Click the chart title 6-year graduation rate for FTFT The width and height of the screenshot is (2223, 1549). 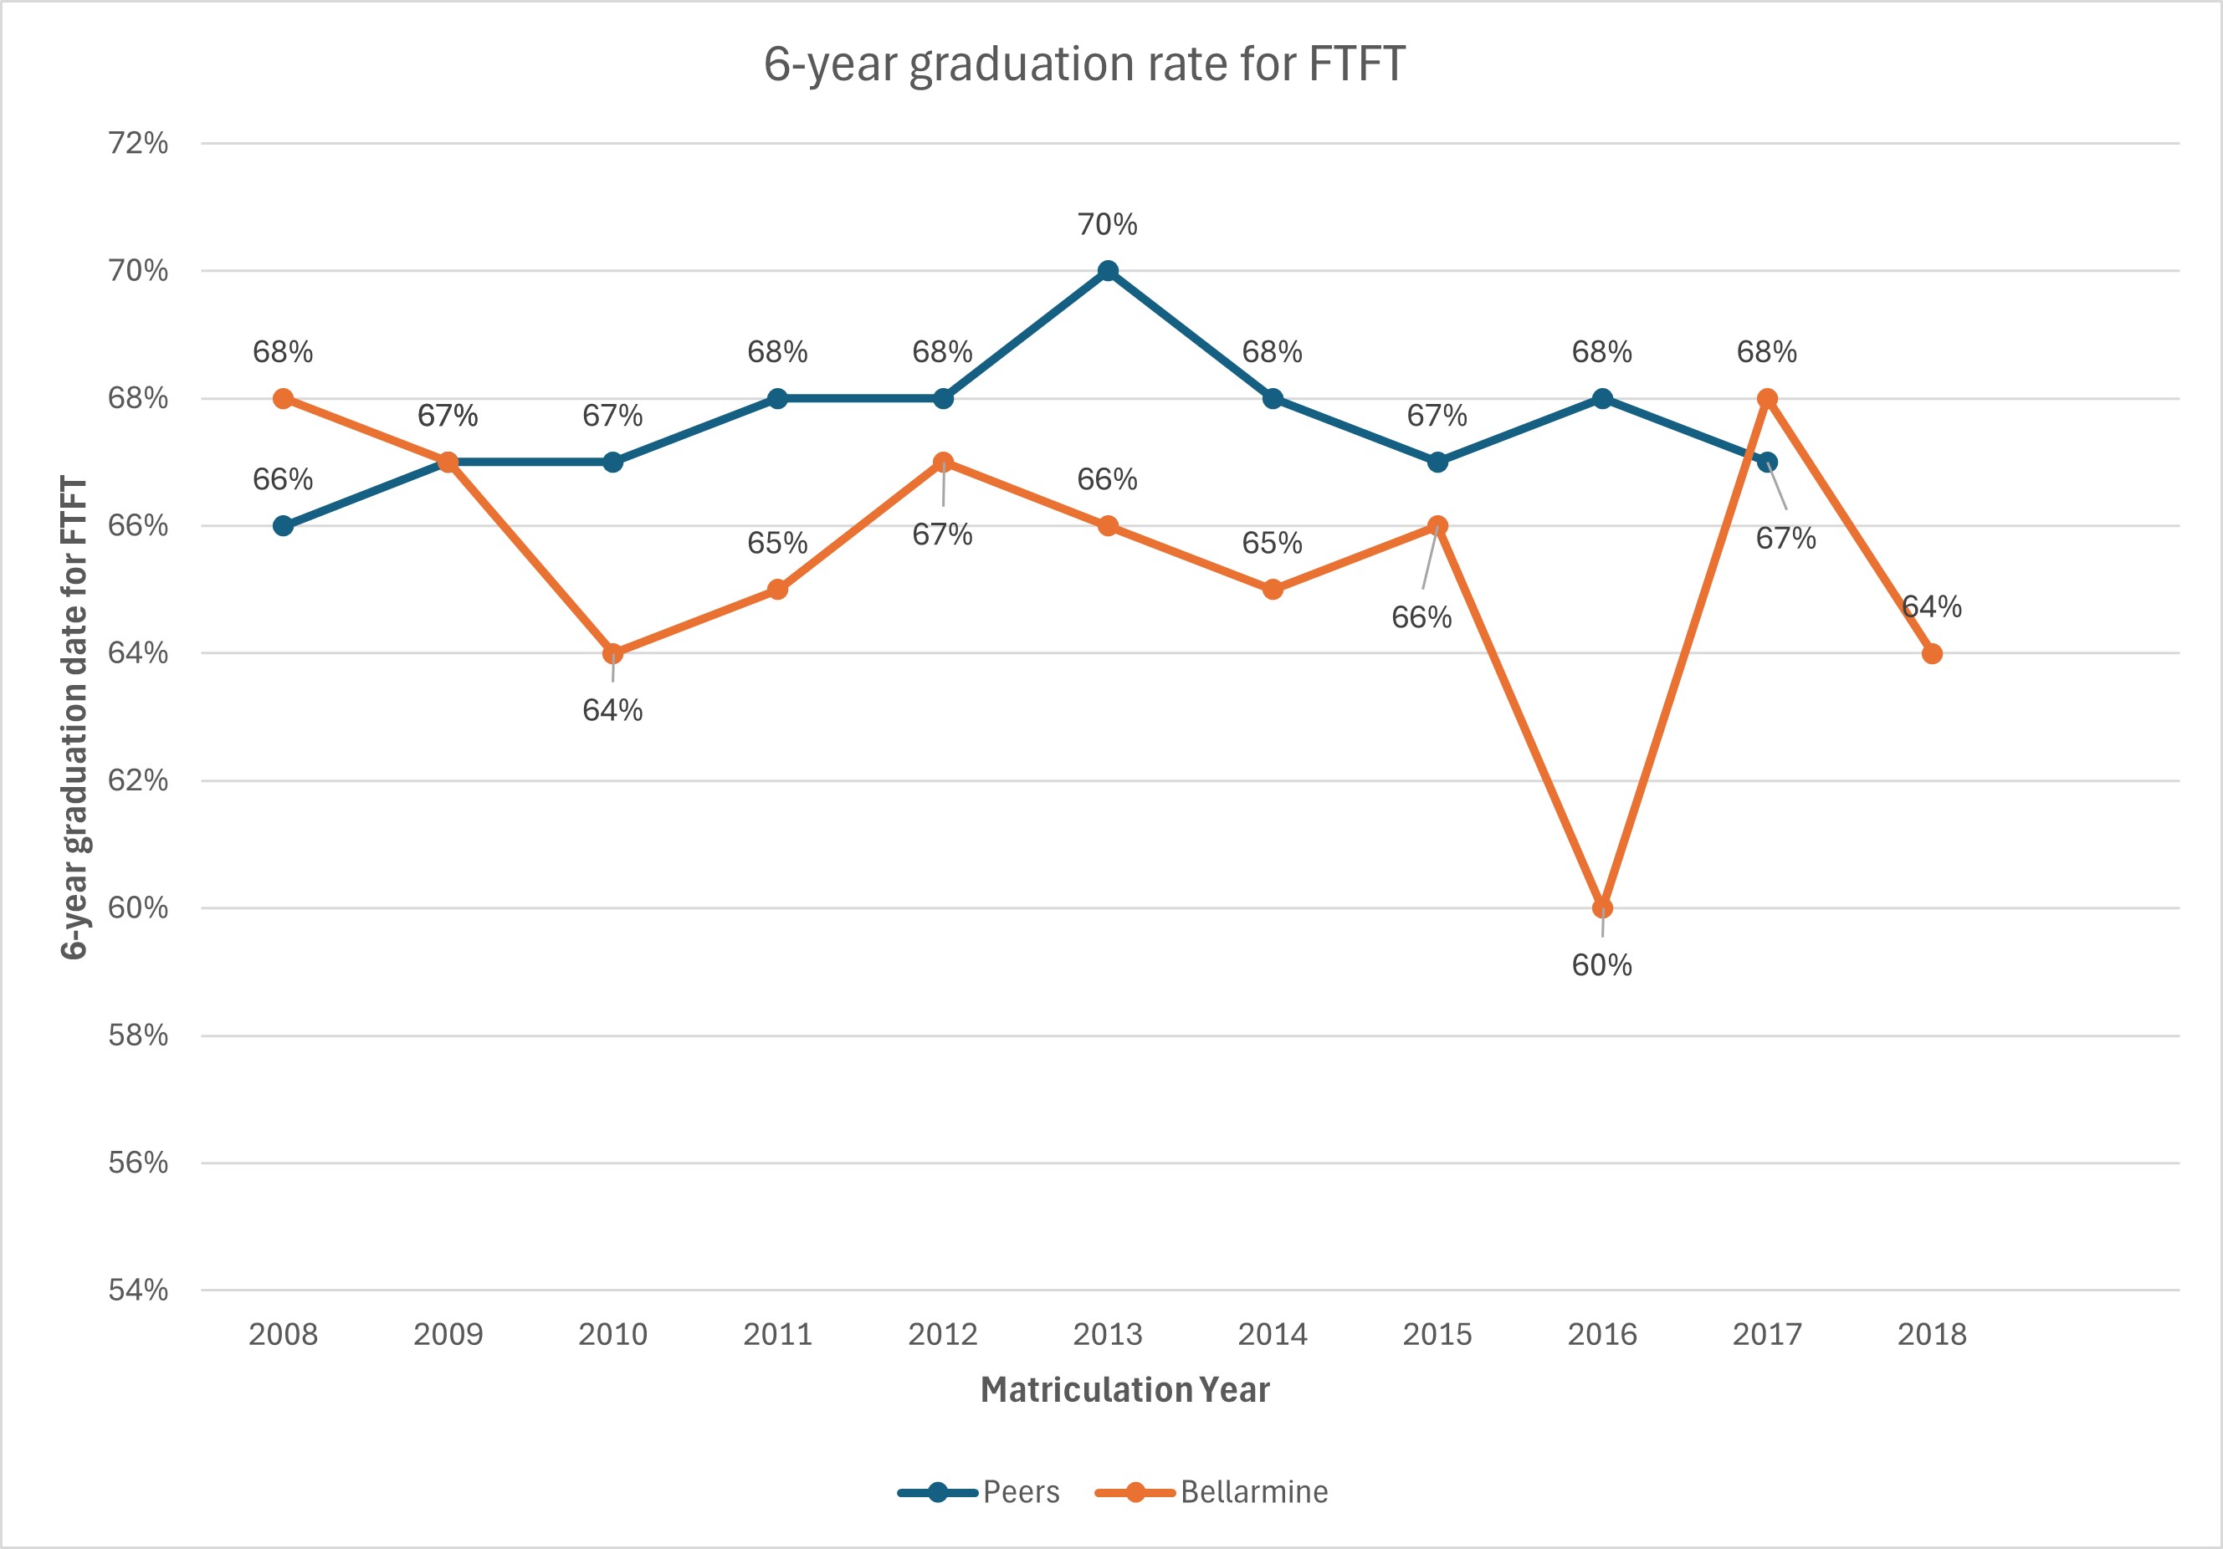(x=1083, y=64)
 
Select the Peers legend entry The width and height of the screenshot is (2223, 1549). (x=980, y=1492)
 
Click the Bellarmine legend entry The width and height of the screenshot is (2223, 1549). (x=1212, y=1492)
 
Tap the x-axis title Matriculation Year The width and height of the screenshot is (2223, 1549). (x=1124, y=1389)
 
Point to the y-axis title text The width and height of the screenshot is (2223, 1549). (x=74, y=717)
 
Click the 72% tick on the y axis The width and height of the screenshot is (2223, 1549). (x=138, y=143)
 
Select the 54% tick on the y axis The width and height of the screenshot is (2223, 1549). (x=138, y=1290)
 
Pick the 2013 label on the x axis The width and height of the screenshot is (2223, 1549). (x=1108, y=1334)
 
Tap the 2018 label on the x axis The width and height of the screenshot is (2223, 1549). (x=1932, y=1334)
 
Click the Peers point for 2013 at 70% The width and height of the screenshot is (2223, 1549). (x=1108, y=271)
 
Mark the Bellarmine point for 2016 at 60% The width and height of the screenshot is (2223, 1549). (x=1602, y=908)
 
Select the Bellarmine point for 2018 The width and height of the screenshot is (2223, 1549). (x=1932, y=653)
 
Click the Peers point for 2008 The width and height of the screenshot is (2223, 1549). (x=283, y=526)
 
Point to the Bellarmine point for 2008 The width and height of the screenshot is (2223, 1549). (x=283, y=398)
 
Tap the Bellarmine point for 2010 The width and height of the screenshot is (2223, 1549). (x=613, y=653)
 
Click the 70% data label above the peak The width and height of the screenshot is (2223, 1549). (x=1108, y=225)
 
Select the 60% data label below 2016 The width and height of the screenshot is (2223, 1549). (x=1601, y=965)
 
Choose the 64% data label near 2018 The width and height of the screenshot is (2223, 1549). (x=1932, y=607)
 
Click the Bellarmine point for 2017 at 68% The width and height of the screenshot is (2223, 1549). (x=1767, y=398)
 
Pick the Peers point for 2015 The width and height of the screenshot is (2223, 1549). (x=1437, y=462)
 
